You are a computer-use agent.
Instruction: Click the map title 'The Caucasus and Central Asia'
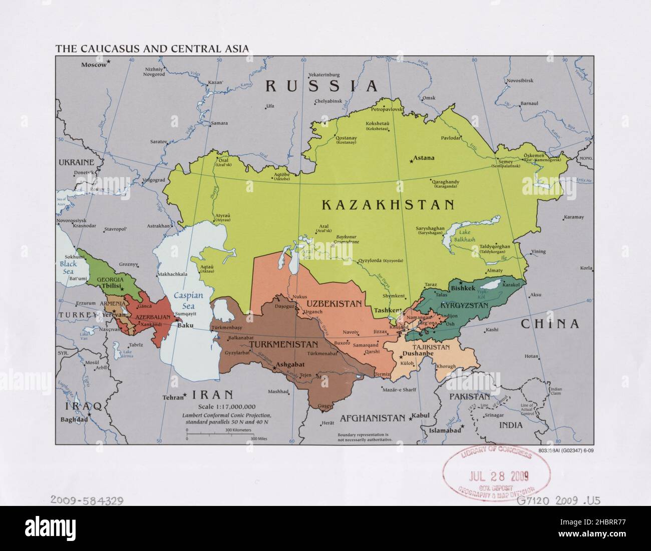152,49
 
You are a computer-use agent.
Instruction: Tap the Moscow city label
94,65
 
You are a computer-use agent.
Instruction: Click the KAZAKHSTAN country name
388,205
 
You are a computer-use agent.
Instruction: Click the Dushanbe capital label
418,353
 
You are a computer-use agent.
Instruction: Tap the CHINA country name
550,324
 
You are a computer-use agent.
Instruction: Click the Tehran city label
171,398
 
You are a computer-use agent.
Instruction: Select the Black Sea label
67,267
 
